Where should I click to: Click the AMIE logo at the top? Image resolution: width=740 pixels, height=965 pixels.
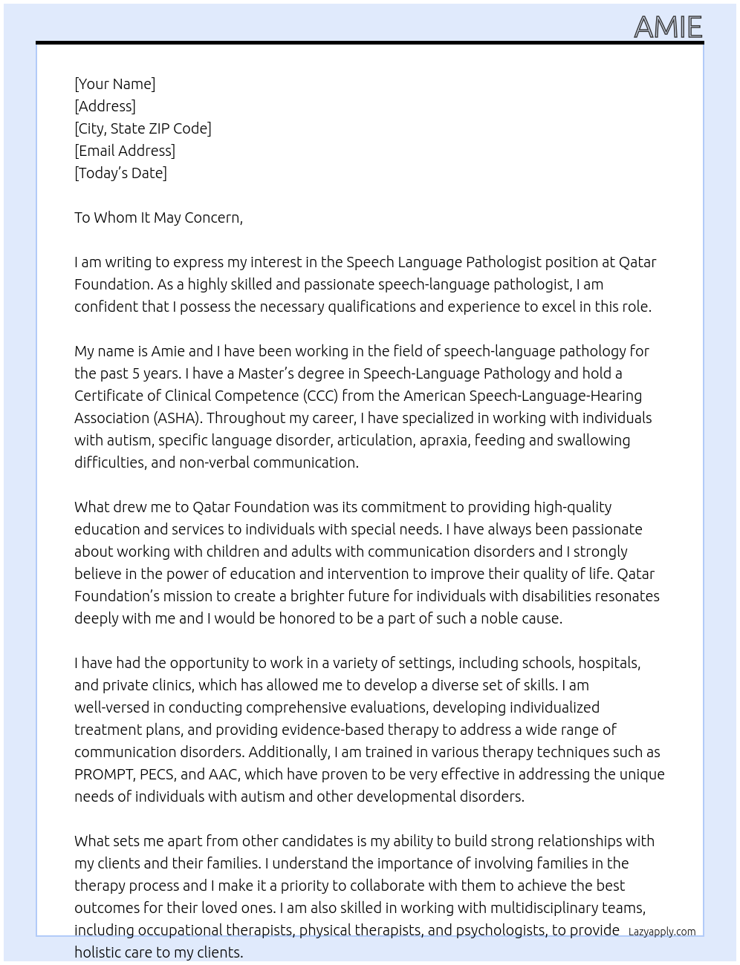(667, 27)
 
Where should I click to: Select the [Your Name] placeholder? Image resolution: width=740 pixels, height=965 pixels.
(114, 84)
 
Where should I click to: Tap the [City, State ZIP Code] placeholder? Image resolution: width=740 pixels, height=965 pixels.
(143, 128)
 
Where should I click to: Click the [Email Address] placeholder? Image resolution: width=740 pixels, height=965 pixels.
(125, 151)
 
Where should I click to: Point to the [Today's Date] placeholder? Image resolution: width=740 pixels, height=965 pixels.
(120, 173)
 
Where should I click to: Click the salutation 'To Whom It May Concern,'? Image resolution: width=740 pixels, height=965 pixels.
(158, 217)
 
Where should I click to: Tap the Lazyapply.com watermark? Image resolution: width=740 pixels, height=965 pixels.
(662, 932)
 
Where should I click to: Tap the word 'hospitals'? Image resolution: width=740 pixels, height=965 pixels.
(609, 663)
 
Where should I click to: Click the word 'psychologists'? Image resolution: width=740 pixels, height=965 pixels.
(500, 930)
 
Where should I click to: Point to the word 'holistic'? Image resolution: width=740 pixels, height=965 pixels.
(103, 952)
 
